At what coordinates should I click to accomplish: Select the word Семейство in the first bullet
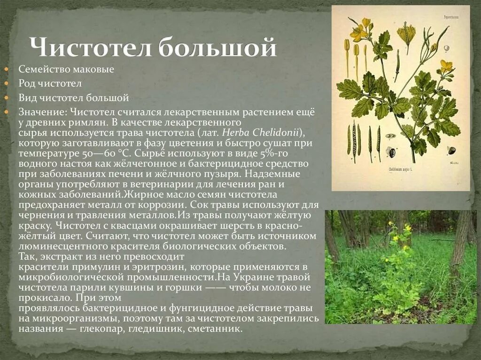click(45, 69)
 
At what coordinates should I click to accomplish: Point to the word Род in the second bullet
click(26, 84)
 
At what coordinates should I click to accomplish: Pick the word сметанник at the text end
click(214, 329)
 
